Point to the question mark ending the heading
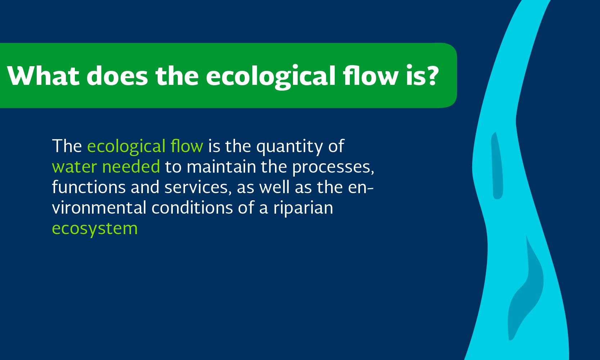coord(432,76)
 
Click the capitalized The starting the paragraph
coord(67,146)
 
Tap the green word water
coord(75,167)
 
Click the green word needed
coord(131,166)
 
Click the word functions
coord(89,187)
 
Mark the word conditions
coord(192,208)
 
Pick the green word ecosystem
coord(95,229)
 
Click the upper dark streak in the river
coord(497,166)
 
